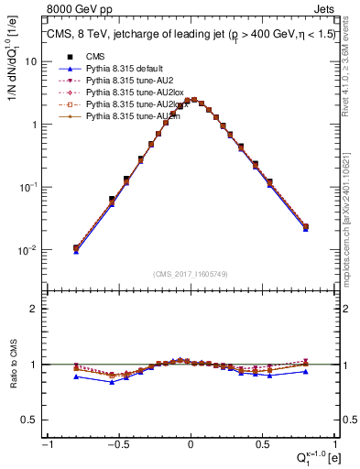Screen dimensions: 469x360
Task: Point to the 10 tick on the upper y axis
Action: (34, 61)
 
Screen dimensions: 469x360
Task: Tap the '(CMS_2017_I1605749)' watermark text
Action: (191, 274)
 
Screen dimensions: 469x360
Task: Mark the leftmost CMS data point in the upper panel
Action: (76, 247)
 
